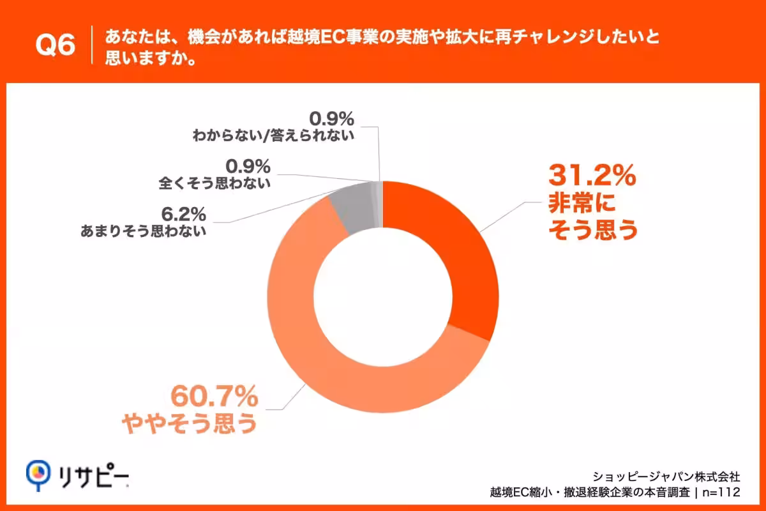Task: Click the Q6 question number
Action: (x=56, y=45)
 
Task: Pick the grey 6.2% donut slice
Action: (x=354, y=210)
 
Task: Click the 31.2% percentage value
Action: (x=592, y=175)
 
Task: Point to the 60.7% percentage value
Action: (x=214, y=396)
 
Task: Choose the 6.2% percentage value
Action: (x=184, y=214)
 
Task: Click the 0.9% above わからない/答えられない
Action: (x=332, y=119)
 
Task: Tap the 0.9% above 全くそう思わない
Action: (x=248, y=166)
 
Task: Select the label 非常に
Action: (x=582, y=203)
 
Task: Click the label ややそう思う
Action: (x=190, y=423)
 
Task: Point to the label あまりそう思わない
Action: (x=143, y=231)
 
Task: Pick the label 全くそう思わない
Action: (x=214, y=183)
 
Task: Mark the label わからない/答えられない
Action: (x=273, y=135)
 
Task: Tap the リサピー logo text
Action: (x=94, y=475)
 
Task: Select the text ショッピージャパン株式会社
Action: (x=666, y=477)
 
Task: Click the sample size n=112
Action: (x=721, y=492)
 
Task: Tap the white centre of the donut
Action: (x=383, y=297)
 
